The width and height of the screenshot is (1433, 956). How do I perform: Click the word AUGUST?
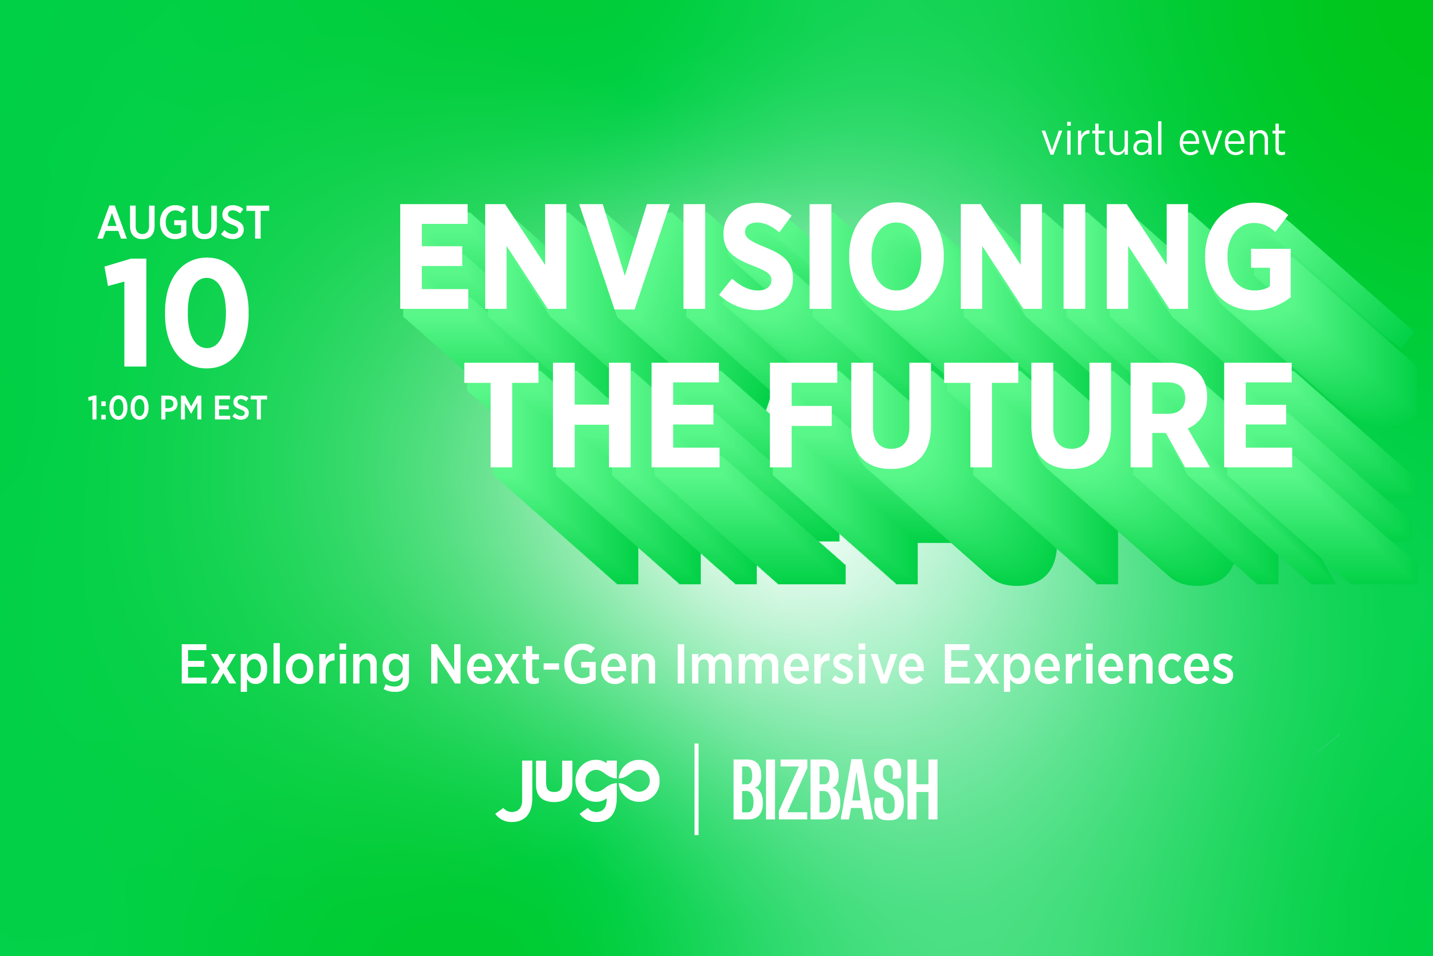pos(184,222)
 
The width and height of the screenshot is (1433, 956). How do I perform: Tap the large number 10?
pos(177,313)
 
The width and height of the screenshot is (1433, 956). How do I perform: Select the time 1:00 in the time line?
pos(118,408)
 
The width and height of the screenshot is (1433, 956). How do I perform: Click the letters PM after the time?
pos(181,408)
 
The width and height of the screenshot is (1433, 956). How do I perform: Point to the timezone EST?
pos(241,408)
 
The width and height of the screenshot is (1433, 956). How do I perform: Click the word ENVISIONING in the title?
pos(845,256)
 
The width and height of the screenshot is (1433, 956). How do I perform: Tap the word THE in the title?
pos(591,415)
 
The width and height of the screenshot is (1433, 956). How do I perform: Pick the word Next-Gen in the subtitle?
pos(543,664)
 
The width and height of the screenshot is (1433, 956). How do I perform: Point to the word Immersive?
pos(800,664)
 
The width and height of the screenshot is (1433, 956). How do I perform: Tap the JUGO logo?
pos(578,790)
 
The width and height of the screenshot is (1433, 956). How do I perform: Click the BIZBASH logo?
pos(835,789)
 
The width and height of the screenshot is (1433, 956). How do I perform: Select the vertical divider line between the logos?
pos(696,789)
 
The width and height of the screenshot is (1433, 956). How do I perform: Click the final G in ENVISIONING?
pos(1248,256)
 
